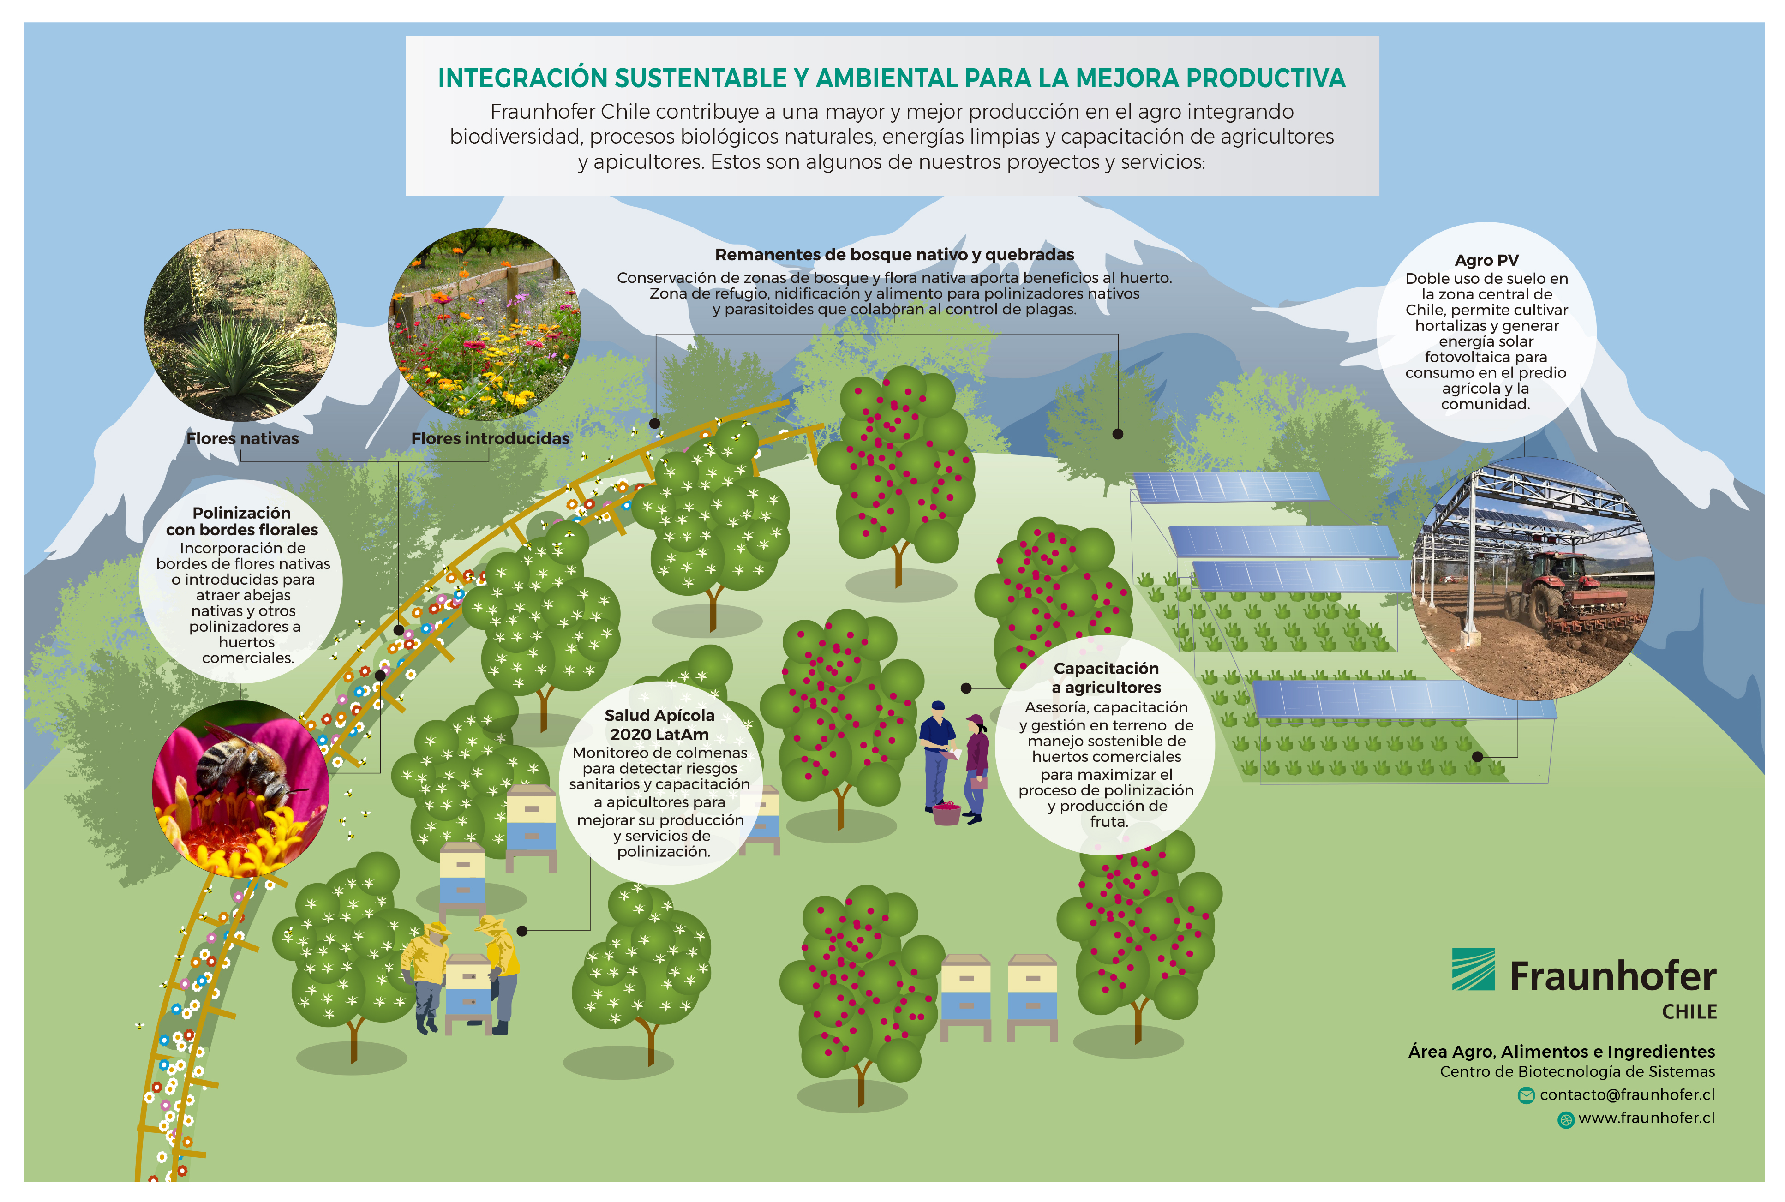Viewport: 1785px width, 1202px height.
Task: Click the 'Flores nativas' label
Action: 242,438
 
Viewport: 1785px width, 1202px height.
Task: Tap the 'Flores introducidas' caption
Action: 490,438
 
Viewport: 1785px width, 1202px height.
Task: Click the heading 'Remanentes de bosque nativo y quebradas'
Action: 894,255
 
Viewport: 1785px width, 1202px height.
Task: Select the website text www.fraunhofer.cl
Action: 1646,1118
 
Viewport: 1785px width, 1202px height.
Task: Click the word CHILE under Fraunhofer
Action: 1689,1012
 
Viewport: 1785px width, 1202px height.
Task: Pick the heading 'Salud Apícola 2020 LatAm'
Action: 659,724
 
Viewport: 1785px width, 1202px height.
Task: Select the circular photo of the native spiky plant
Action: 241,325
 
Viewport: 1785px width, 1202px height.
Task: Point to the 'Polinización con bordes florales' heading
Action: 241,521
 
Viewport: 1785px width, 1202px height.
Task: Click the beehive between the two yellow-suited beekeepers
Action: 468,993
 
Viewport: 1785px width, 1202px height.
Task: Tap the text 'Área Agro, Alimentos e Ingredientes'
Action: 1561,1052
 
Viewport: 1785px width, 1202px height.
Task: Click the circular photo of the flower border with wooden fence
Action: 485,323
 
